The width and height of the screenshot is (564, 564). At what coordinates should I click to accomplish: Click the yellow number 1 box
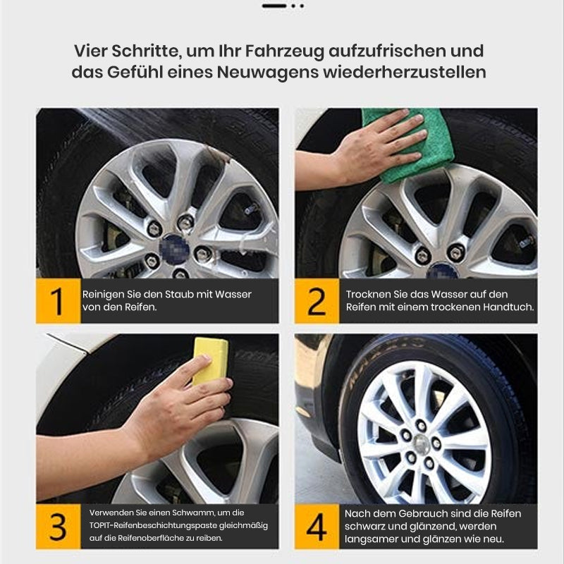point(58,301)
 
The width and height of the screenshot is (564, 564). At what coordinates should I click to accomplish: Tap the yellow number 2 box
point(316,301)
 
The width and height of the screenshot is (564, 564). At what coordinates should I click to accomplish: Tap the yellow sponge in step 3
point(210,360)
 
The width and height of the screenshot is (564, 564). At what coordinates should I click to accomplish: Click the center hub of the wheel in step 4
point(421,443)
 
